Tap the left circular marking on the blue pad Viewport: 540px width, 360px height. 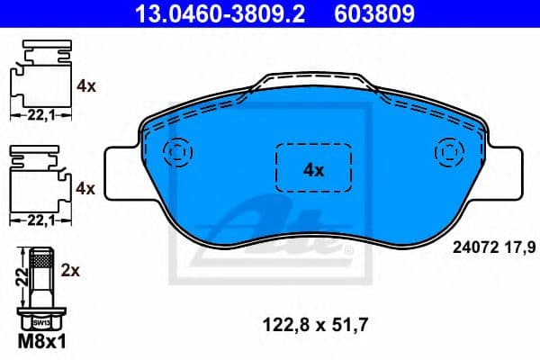point(178,151)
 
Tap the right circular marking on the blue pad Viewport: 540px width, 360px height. point(446,151)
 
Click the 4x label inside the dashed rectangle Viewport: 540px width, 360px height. point(312,168)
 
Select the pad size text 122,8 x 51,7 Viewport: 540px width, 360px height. point(312,320)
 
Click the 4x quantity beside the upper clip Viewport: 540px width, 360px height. point(87,86)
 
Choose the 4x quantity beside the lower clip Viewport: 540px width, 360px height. point(87,187)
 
